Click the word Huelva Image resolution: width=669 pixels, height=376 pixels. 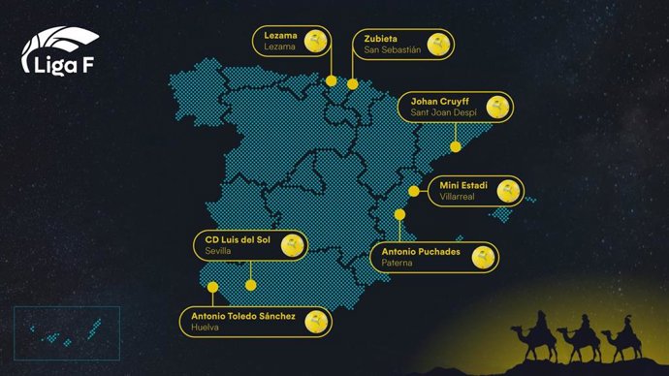[207, 329]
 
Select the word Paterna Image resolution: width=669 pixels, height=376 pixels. [391, 263]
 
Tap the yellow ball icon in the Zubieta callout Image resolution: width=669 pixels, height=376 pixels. [440, 44]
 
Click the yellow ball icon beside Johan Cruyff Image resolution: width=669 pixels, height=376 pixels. [498, 110]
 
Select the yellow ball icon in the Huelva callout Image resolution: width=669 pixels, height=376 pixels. [315, 322]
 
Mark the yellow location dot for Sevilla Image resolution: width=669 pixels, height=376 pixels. [250, 285]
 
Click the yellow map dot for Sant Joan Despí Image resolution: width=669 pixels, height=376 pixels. [455, 147]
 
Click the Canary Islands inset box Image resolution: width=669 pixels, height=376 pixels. [66, 335]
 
